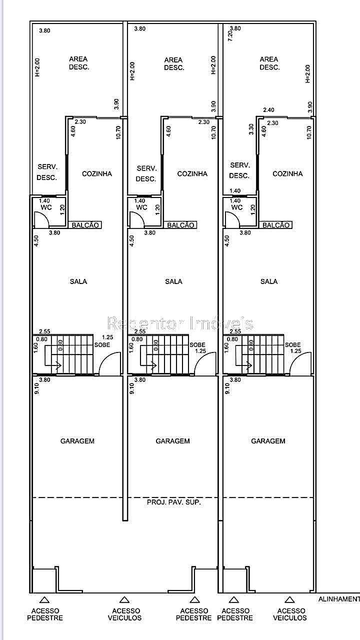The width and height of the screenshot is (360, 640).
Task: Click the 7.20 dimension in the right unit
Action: pos(230,35)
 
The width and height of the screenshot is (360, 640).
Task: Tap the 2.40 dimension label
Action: pos(268,110)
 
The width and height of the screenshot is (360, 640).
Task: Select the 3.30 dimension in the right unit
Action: pos(251,129)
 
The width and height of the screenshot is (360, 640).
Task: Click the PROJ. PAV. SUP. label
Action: pos(173,502)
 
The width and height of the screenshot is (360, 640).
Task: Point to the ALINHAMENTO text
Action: pos(339,599)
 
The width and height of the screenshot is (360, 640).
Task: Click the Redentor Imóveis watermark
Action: pos(180,323)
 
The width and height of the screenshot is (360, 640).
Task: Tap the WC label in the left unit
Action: pos(46,207)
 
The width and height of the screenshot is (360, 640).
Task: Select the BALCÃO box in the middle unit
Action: pos(180,225)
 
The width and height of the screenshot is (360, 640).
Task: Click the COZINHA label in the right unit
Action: pos(287,173)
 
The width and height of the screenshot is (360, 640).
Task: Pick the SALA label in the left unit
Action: pos(78,281)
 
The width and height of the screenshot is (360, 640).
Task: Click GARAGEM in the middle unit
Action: pos(172,441)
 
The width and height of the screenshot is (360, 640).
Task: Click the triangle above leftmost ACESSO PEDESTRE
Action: pos(44,599)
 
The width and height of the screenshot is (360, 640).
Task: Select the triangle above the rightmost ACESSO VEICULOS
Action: pos(289,599)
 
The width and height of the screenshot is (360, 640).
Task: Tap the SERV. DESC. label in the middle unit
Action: pos(146,173)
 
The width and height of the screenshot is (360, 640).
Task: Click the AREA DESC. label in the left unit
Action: pos(79,63)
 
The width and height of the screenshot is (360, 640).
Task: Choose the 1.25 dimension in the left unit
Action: pos(107,337)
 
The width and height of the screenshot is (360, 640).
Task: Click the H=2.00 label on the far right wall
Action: pos(307,73)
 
